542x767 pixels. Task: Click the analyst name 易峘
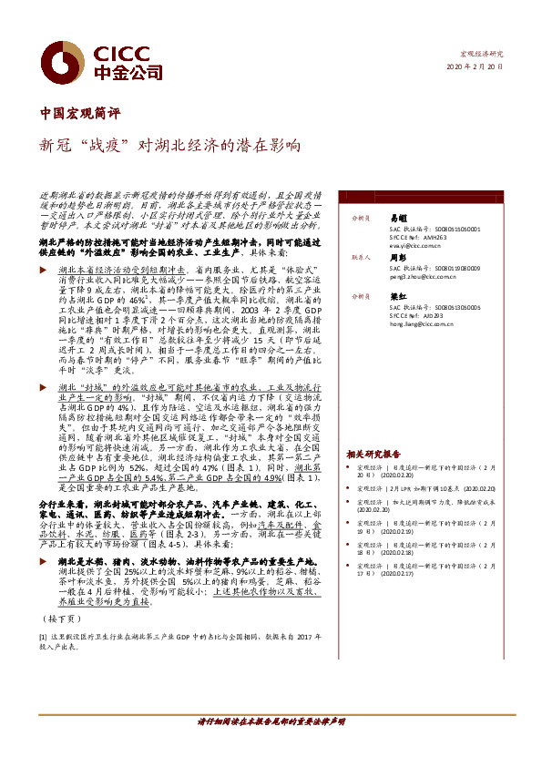pyautogui.click(x=397, y=219)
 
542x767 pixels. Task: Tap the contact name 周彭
pyautogui.click(x=397, y=258)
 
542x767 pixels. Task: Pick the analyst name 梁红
pyautogui.click(x=397, y=297)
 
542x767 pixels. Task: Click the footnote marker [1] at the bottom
pyautogui.click(x=42, y=637)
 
